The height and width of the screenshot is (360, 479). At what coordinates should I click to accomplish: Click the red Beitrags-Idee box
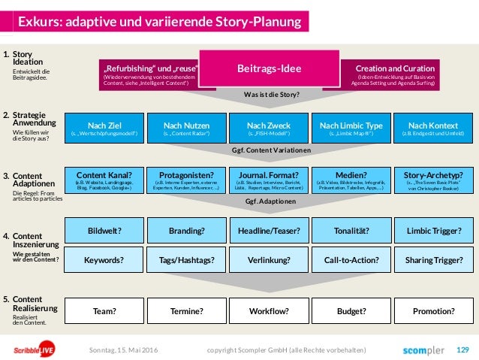pos(269,69)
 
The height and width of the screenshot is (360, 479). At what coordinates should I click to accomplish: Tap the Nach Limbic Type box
pos(351,129)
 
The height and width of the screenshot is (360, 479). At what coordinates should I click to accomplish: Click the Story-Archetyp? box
pos(433,180)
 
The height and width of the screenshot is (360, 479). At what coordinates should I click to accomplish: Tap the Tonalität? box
pos(351,230)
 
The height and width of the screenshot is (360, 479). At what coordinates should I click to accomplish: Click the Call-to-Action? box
pos(351,260)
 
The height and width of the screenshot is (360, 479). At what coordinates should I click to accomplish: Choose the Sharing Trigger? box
pos(433,260)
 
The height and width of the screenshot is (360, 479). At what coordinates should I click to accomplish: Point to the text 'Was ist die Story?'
pos(269,95)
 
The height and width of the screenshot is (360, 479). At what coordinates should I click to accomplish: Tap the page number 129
pos(462,349)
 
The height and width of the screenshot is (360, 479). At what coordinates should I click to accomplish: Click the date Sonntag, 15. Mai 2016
pos(124,349)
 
